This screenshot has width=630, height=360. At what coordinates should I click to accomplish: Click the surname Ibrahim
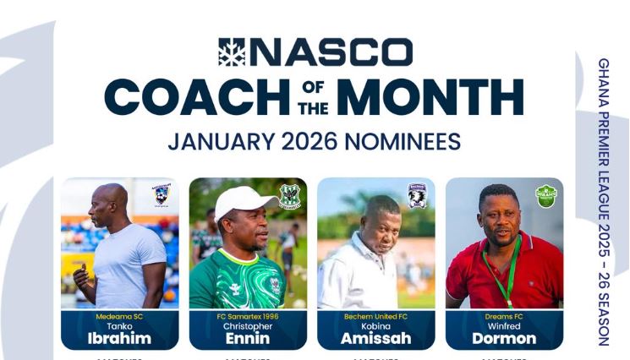(x=119, y=338)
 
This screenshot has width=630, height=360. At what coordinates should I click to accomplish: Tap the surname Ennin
(x=248, y=338)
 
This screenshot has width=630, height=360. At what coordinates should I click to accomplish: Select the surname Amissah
(x=375, y=338)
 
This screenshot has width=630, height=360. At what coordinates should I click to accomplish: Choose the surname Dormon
(x=504, y=338)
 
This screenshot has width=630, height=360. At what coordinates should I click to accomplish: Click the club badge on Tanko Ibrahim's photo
(x=162, y=195)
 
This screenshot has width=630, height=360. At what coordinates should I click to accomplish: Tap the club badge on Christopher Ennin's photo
(x=290, y=196)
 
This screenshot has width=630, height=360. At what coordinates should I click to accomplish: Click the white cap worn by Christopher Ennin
(x=244, y=200)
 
